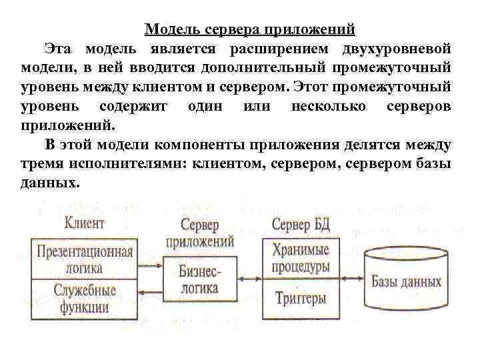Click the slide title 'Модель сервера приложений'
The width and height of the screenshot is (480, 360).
(250, 29)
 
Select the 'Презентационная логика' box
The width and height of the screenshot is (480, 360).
(84, 260)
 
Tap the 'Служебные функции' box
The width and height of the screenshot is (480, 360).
(84, 299)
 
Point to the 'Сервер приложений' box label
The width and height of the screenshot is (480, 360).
(207, 234)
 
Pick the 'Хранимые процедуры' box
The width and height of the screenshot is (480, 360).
(301, 259)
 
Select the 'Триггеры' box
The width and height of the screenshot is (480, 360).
(301, 298)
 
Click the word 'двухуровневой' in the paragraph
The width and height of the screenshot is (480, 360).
(397, 49)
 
